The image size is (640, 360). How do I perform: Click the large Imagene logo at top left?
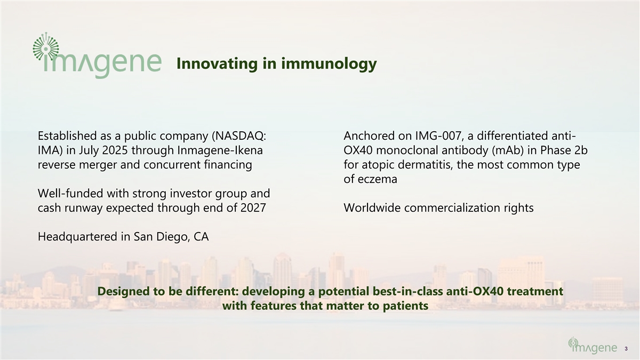(97, 55)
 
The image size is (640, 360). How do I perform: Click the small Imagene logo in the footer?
(593, 346)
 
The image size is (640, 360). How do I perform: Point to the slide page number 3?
(626, 349)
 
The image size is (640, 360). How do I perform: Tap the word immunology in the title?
(329, 63)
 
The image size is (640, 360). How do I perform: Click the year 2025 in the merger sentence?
(115, 150)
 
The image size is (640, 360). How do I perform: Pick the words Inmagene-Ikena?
(220, 150)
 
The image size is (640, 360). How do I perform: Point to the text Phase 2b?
(563, 150)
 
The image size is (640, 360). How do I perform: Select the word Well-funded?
(70, 194)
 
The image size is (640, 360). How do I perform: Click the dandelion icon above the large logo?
(46, 46)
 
